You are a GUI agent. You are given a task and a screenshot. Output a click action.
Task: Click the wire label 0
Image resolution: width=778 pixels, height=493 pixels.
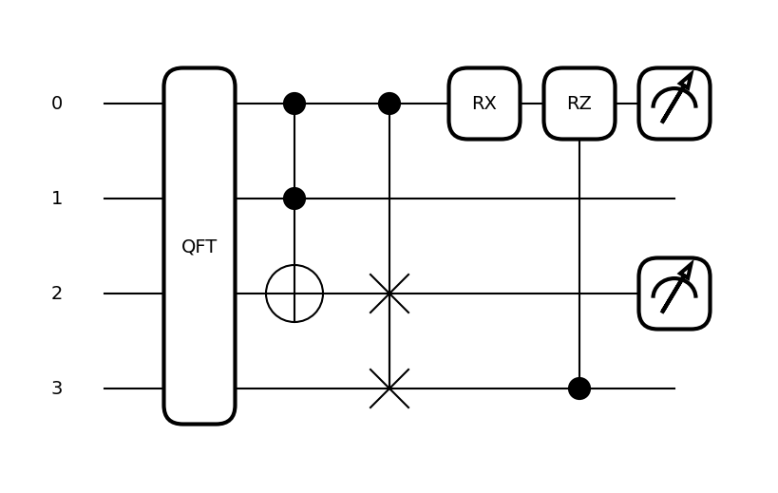(57, 104)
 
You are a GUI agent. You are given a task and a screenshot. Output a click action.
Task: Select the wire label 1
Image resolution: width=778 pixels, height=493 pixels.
(57, 199)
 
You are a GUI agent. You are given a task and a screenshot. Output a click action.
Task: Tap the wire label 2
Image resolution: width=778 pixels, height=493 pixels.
(57, 294)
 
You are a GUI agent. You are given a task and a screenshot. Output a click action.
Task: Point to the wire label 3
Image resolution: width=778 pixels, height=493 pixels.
(57, 389)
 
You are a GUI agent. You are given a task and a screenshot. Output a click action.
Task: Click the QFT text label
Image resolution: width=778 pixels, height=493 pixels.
(199, 247)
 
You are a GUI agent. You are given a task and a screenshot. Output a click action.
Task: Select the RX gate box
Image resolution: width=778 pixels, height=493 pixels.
(484, 104)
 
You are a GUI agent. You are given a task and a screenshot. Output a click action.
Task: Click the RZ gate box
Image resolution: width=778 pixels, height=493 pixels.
(579, 104)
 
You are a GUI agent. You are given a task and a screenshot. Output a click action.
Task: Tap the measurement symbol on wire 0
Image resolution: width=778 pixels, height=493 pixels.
(674, 104)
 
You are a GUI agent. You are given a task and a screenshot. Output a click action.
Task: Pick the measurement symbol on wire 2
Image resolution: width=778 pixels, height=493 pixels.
(674, 294)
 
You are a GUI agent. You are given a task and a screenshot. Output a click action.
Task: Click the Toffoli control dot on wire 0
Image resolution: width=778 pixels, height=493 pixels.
(294, 104)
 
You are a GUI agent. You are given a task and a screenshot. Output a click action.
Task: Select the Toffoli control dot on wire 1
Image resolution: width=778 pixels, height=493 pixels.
(294, 199)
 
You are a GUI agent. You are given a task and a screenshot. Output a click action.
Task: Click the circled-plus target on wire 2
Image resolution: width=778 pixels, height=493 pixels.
(294, 294)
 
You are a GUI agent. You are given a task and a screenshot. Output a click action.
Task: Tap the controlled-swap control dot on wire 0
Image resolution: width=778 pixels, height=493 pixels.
(389, 104)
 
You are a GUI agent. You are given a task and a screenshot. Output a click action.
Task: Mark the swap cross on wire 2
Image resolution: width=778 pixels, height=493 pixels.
(389, 294)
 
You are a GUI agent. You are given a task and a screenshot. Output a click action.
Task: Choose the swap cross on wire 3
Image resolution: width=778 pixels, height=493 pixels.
(389, 389)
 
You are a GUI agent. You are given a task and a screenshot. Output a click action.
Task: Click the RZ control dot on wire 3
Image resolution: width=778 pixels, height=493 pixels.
(579, 389)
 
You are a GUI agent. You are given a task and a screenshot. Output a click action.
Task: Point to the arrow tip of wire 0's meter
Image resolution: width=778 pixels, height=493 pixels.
(691, 74)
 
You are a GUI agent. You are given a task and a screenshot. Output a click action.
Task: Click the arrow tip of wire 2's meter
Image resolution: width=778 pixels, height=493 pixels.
(691, 264)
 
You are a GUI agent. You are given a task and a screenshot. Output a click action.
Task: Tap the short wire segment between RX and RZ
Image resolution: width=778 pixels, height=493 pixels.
(532, 104)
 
